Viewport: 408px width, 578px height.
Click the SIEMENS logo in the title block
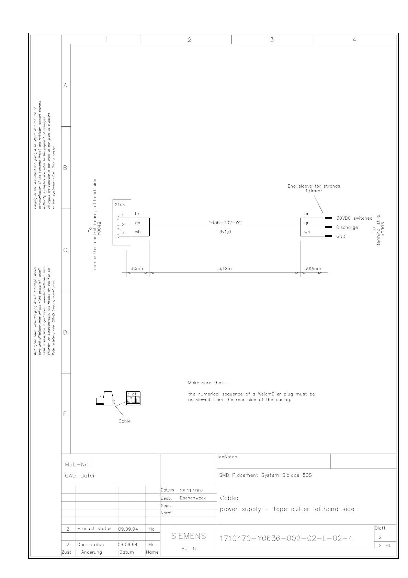(189, 536)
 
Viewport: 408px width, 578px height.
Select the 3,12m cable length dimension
(225, 268)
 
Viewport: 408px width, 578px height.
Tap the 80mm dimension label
(138, 268)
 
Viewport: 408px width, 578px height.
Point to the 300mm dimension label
(313, 268)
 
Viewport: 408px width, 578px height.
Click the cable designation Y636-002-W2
(225, 223)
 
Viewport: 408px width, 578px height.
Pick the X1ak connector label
(120, 205)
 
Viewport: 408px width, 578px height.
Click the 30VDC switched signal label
(354, 218)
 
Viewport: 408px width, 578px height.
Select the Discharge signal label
(347, 227)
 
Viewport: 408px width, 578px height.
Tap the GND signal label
(341, 236)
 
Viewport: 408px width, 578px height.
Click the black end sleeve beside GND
(328, 236)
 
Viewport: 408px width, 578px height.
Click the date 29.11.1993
(191, 490)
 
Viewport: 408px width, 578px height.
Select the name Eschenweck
(193, 498)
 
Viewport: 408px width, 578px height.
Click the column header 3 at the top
(272, 40)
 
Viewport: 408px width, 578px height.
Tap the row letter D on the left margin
(65, 332)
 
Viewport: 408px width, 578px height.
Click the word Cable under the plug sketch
(124, 421)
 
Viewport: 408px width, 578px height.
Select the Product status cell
(94, 529)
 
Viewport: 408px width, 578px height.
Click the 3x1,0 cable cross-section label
(225, 232)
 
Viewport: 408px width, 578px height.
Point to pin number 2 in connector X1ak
(123, 224)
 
